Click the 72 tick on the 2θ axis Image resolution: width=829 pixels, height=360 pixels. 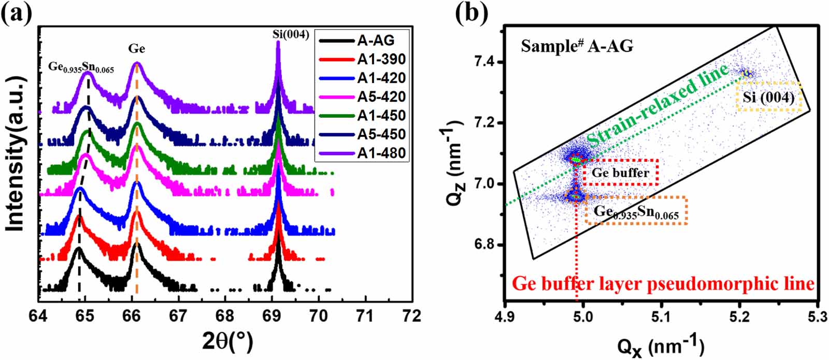[412, 316]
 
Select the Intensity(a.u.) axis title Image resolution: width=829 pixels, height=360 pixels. [17, 154]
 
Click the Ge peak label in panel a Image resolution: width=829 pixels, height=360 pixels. [137, 49]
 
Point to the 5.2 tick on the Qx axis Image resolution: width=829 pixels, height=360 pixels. [739, 316]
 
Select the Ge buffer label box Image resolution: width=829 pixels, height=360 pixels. [620, 173]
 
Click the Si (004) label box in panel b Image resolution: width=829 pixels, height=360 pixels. [769, 97]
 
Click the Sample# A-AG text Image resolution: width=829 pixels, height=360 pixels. [577, 47]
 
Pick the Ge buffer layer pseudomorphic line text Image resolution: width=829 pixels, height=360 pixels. [663, 284]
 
